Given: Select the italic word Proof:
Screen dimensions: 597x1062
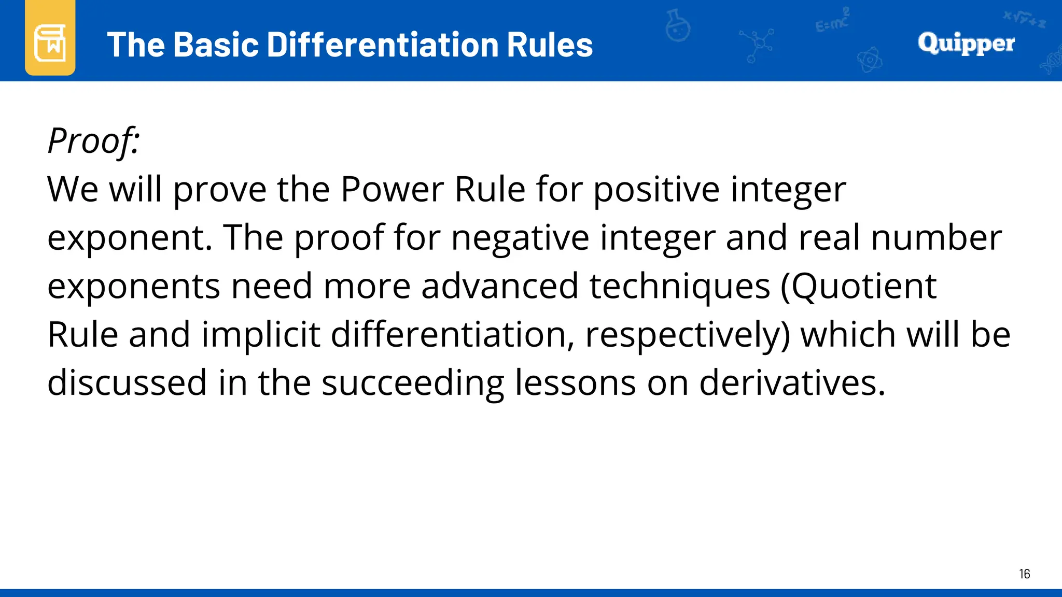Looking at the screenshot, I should (93, 141).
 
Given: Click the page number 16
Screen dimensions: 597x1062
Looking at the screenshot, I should (1024, 574).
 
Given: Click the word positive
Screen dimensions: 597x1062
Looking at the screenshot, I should (656, 190).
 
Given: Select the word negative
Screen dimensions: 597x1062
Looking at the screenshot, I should (520, 238).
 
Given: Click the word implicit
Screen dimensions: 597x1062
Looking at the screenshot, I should (260, 335).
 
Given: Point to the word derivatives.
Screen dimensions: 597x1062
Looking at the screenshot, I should (792, 383).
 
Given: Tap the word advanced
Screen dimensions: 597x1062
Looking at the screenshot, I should (499, 286).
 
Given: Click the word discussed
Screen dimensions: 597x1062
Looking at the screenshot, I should (127, 383).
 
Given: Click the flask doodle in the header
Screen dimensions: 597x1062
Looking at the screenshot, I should (677, 26).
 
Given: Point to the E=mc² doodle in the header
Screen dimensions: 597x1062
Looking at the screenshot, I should (832, 21).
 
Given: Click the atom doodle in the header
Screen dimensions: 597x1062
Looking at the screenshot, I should (870, 60).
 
